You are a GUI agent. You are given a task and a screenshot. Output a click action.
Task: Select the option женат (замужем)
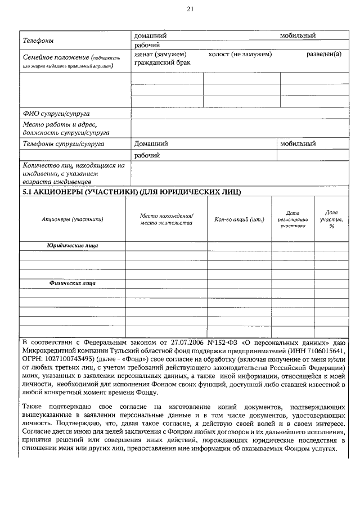160,54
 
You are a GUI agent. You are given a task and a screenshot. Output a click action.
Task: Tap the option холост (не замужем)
240,54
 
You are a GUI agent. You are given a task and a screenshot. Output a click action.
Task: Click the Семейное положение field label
55,57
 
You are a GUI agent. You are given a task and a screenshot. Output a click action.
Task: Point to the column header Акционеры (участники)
73,219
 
